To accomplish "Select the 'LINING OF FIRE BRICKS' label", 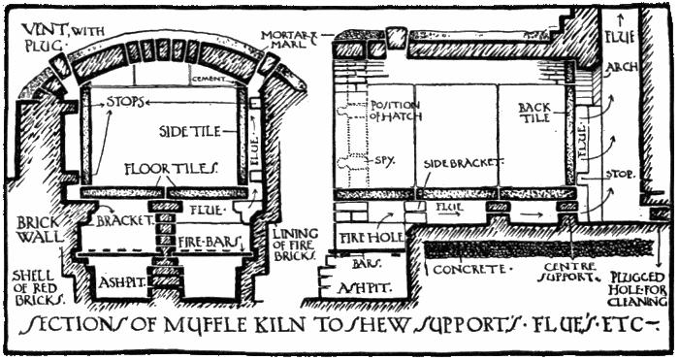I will pyautogui.click(x=291, y=245).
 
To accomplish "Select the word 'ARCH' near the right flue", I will pyautogui.click(x=622, y=69).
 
